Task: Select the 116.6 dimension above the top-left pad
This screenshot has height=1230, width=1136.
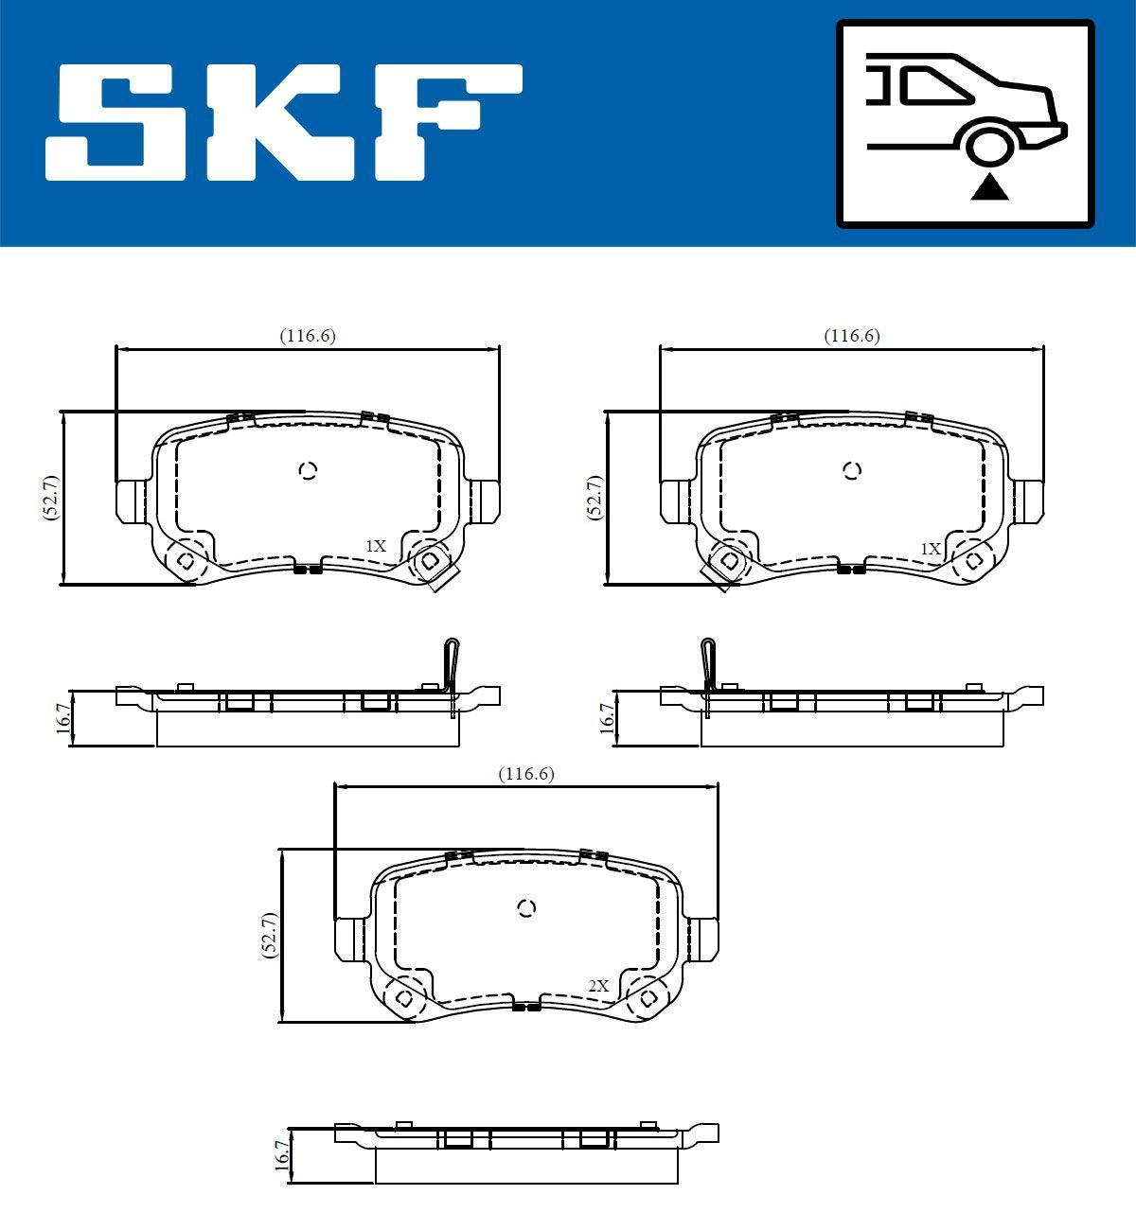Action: pyautogui.click(x=308, y=336)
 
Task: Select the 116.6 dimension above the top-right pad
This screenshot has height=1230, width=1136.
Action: pyautogui.click(x=852, y=336)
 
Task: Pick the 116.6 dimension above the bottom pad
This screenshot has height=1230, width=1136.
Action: pyautogui.click(x=526, y=774)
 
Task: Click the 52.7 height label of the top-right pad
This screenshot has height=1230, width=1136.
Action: pyautogui.click(x=595, y=498)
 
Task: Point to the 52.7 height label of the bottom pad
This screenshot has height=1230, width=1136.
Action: pyautogui.click(x=269, y=936)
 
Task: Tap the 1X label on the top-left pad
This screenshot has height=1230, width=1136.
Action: pyautogui.click(x=377, y=546)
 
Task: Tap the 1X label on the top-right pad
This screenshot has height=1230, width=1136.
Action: pyautogui.click(x=931, y=549)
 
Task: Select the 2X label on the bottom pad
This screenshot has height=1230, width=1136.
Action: pyautogui.click(x=598, y=986)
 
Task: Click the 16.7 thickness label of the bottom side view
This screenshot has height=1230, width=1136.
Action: pyautogui.click(x=280, y=1156)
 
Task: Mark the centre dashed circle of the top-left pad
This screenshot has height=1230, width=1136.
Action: pyautogui.click(x=308, y=470)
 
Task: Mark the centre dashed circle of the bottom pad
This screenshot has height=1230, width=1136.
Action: pyautogui.click(x=527, y=908)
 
